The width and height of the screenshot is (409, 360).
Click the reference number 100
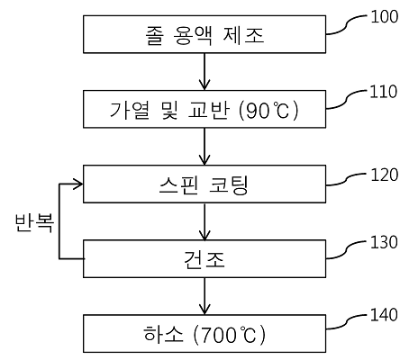click(385, 17)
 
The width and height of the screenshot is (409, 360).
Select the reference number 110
click(384, 92)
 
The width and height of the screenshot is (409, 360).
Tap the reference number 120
click(385, 175)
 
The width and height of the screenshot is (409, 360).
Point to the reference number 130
click(384, 242)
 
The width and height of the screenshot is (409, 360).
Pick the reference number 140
click(384, 315)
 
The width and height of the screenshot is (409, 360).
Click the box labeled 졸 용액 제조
click(204, 34)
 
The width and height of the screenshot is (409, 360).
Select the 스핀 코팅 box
click(204, 184)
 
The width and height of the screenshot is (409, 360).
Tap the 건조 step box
click(204, 258)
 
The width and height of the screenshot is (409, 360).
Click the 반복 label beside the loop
click(34, 222)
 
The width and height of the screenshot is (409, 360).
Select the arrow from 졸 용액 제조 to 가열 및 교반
click(204, 72)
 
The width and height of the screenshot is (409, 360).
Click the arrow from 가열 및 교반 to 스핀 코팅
click(204, 147)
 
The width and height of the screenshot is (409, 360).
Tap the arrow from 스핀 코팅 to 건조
click(204, 222)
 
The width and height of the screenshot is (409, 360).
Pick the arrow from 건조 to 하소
click(204, 296)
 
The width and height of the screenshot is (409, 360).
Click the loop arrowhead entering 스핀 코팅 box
click(78, 184)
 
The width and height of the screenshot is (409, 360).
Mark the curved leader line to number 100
click(346, 25)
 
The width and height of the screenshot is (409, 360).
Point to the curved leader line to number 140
click(346, 322)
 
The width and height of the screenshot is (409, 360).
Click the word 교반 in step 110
click(209, 110)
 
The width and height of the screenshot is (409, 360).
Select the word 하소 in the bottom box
click(163, 334)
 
